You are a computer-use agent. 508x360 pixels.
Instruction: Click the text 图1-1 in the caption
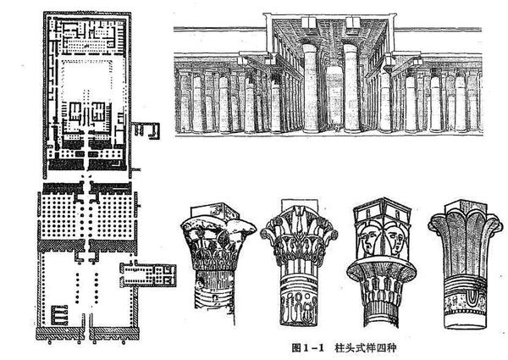pyautogui.click(x=307, y=348)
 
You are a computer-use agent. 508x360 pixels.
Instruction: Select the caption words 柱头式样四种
pyautogui.click(x=366, y=348)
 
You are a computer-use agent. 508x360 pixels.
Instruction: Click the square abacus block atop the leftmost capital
pyautogui.click(x=214, y=211)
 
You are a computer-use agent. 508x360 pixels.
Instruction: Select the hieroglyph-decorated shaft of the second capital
pyautogui.click(x=298, y=300)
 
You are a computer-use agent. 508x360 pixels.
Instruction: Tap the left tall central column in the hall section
pyautogui.click(x=310, y=88)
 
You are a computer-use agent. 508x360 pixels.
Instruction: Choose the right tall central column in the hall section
pyautogui.click(x=351, y=88)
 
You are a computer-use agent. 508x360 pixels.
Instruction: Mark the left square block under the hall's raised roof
pyautogui.click(x=309, y=22)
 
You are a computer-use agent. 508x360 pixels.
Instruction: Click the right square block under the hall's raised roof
pyautogui.click(x=353, y=22)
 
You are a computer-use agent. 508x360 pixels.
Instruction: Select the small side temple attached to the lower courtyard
pyautogui.click(x=148, y=274)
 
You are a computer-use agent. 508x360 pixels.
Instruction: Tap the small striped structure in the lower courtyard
pyautogui.click(x=59, y=314)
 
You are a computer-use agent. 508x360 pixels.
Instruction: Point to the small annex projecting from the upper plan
pyautogui.click(x=146, y=130)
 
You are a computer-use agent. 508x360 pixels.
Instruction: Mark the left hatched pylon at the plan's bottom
pyautogui.click(x=60, y=333)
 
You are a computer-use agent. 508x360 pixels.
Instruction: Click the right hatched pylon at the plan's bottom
pyautogui.click(x=114, y=333)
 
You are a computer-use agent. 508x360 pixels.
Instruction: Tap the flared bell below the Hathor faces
pyautogui.click(x=382, y=270)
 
